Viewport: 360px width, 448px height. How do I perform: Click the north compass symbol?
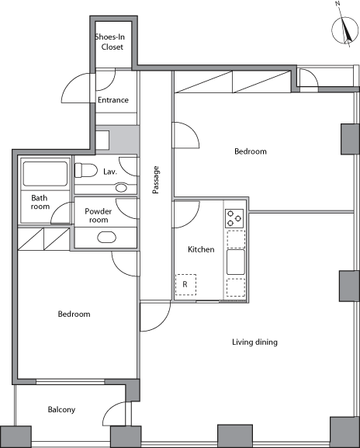(x=344, y=30)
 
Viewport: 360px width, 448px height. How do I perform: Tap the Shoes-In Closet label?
(x=110, y=42)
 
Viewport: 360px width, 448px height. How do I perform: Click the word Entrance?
(x=113, y=100)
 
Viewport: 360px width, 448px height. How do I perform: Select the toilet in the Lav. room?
(x=86, y=170)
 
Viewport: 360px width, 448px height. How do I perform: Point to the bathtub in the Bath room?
(x=46, y=174)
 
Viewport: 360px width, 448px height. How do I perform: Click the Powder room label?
(x=99, y=215)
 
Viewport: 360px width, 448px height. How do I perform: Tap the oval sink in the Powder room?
(x=106, y=238)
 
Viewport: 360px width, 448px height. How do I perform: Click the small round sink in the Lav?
(x=121, y=187)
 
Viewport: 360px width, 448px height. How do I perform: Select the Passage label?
(x=156, y=179)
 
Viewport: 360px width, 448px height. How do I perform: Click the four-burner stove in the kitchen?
(x=234, y=218)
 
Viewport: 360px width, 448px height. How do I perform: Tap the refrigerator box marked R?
(x=185, y=285)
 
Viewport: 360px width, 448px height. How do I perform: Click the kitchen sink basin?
(x=236, y=262)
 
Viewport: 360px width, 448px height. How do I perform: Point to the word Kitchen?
(x=201, y=249)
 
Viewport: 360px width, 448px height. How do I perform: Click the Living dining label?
(x=254, y=342)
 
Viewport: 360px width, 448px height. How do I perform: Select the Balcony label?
(x=61, y=410)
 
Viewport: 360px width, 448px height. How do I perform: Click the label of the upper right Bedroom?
(x=251, y=151)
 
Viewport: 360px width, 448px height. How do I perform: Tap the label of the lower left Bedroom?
(x=74, y=314)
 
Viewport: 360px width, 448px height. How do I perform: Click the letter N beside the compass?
(x=337, y=4)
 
